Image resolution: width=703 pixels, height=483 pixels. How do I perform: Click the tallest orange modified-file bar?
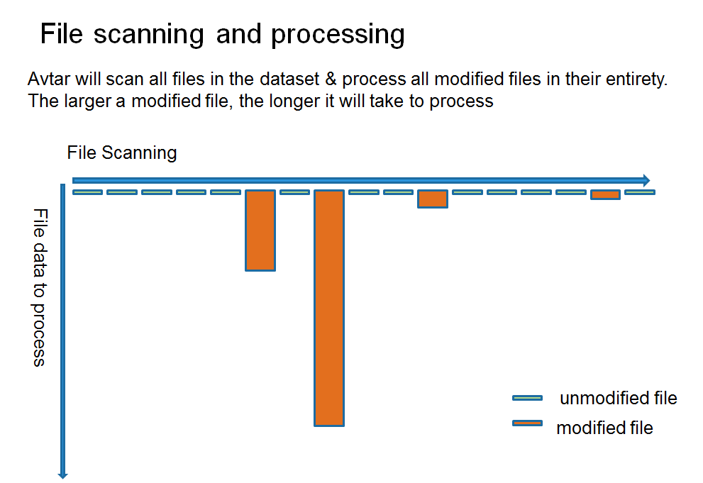[329, 308]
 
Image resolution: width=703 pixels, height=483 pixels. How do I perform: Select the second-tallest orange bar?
[260, 230]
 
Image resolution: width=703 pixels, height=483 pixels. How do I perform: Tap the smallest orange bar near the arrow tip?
[605, 194]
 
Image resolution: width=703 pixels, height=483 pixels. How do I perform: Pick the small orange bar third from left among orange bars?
[432, 199]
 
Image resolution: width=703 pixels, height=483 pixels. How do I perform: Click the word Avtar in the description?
[47, 79]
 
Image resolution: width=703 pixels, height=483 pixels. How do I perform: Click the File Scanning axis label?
[122, 152]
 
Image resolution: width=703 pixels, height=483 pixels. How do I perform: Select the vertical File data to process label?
[40, 287]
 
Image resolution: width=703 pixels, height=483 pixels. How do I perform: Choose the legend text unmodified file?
[618, 399]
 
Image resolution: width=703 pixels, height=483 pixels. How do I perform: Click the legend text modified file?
[604, 428]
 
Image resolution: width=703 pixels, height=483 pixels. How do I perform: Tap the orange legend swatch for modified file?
[527, 423]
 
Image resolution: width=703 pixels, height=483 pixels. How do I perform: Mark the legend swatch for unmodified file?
[527, 398]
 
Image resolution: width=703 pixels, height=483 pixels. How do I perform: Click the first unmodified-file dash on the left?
[87, 192]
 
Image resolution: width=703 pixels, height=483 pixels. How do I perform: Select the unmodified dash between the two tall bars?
[294, 192]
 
